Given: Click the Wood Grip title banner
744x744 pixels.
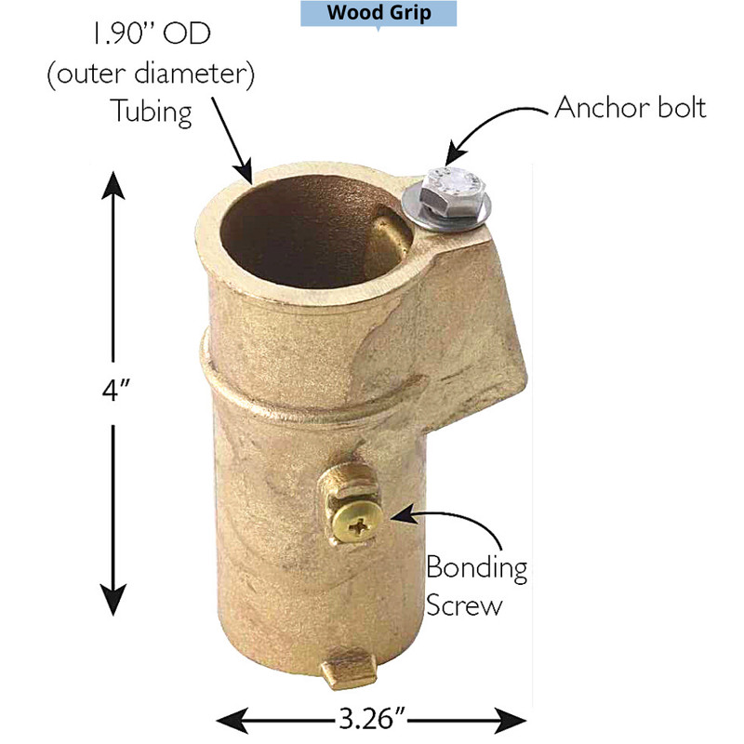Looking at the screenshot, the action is coord(379,13).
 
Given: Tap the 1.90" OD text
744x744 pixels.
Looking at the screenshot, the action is coord(152,34).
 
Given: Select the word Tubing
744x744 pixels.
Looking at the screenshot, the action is coord(152,112).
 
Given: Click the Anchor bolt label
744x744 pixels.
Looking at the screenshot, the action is coord(631,108).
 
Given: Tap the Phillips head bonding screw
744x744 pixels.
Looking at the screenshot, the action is coord(357,524).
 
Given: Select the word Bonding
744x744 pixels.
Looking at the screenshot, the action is coord(476,569).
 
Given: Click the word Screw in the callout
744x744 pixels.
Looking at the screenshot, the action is coord(463,605).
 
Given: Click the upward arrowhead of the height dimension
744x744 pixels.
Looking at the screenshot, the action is coord(113,184).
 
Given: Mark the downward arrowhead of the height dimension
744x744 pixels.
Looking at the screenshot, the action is coord(113,600).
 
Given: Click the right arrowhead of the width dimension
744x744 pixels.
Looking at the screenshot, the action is coord(511,720).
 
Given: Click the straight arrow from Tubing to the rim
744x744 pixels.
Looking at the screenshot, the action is coord(232,140).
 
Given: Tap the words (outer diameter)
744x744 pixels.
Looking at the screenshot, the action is coord(152,74).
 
